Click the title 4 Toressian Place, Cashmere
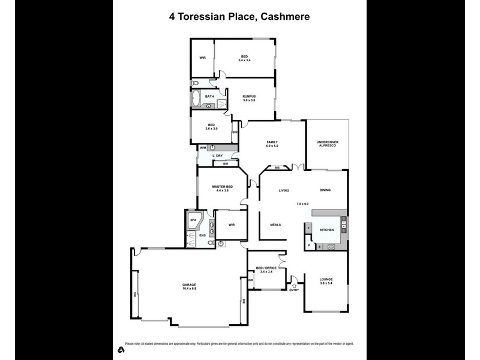(x=239, y=17)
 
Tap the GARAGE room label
(x=190, y=284)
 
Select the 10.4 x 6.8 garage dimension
(x=190, y=289)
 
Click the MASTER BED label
(x=222, y=187)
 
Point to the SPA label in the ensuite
(x=193, y=220)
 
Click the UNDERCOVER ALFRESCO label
(x=328, y=144)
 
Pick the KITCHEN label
(x=326, y=230)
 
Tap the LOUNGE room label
(x=326, y=279)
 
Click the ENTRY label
(x=294, y=290)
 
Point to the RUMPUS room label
(x=249, y=96)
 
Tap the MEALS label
(x=275, y=224)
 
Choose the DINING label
(x=325, y=190)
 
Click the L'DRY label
(x=217, y=156)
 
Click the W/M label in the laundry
(x=203, y=148)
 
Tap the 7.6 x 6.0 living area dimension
(x=302, y=204)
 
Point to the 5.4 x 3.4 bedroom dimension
(x=245, y=60)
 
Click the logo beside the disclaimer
(x=120, y=349)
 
